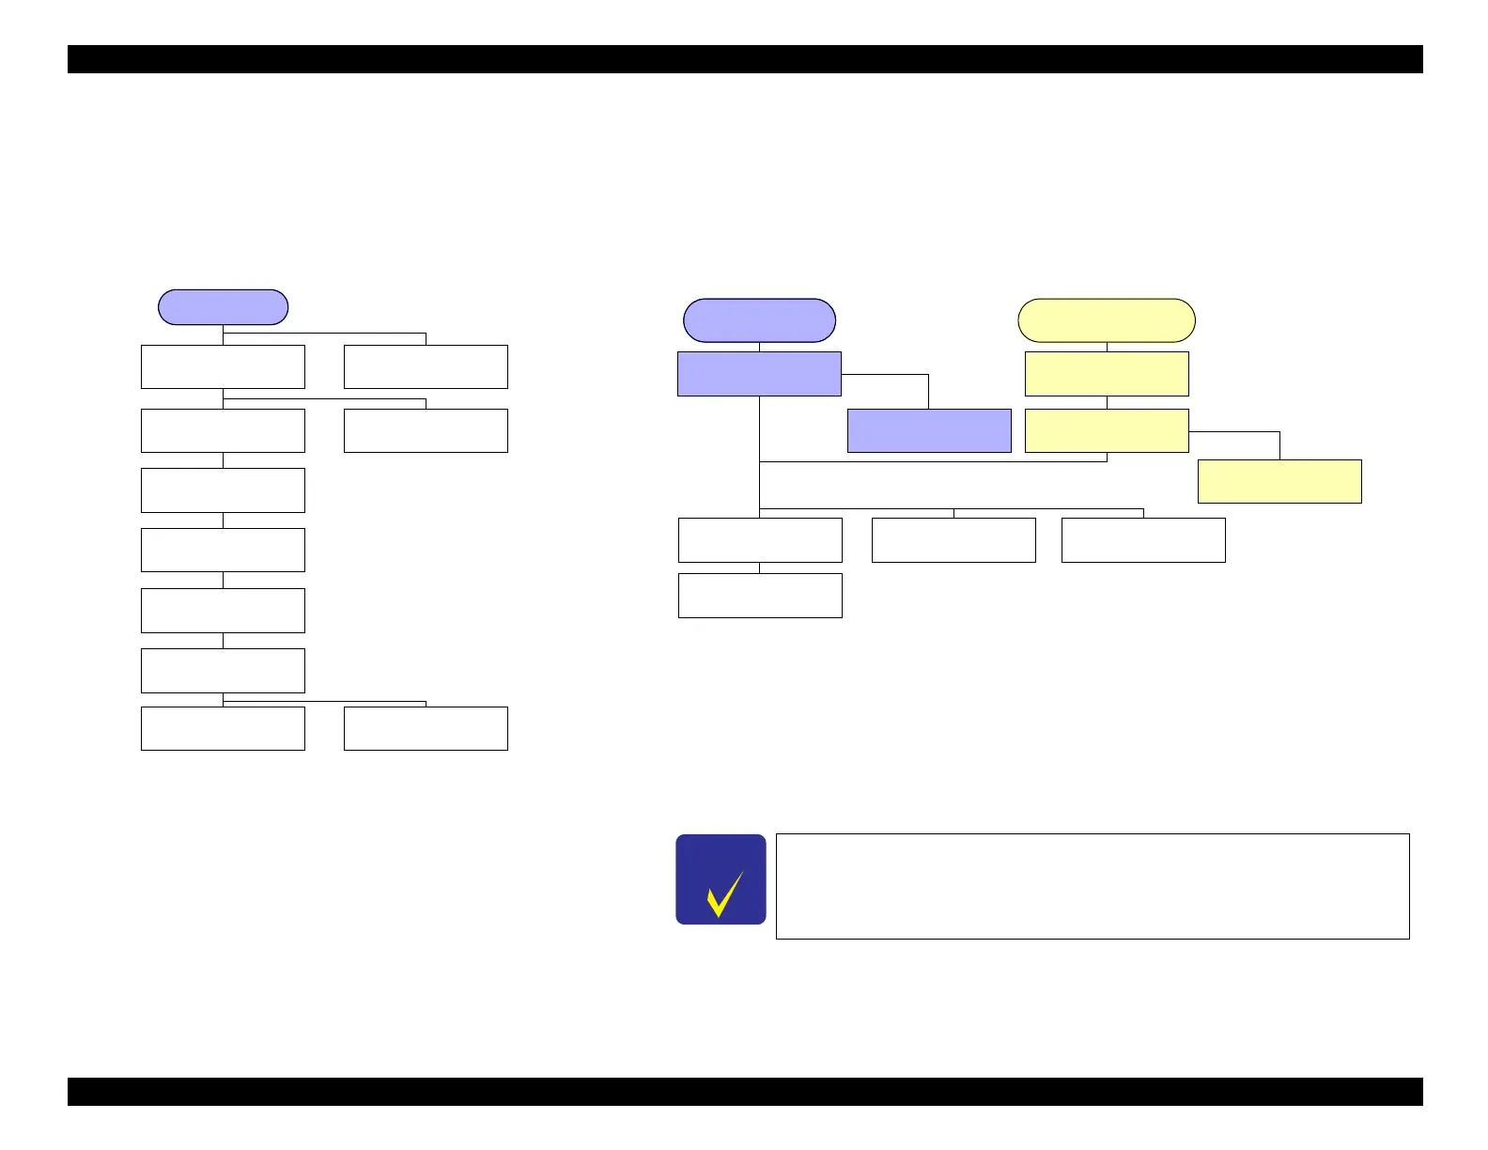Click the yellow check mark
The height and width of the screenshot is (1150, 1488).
[x=724, y=894]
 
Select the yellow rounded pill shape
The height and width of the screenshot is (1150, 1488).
[x=1107, y=320]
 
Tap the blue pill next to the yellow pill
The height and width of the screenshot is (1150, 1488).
[x=759, y=320]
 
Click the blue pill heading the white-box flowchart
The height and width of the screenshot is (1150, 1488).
[x=223, y=307]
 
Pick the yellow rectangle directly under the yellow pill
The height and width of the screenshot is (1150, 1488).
[x=1107, y=374]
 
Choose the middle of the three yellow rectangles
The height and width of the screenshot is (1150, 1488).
[x=1107, y=430]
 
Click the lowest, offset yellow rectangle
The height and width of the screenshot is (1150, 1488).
[x=1279, y=481]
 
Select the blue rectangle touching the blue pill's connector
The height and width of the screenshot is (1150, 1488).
[x=759, y=374]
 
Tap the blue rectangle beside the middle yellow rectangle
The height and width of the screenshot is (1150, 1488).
[x=929, y=430]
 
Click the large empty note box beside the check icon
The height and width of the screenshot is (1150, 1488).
[x=1093, y=886]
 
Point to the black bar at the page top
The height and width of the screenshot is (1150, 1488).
[x=745, y=59]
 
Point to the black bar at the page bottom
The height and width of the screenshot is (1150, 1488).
[x=745, y=1092]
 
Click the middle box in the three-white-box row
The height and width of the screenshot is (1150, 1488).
[x=953, y=540]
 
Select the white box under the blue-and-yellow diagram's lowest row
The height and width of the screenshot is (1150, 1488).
[x=760, y=596]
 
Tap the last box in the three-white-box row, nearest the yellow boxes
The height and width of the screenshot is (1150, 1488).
[x=1143, y=540]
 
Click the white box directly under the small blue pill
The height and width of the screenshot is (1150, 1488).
[x=223, y=366]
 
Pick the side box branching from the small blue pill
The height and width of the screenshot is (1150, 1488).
[x=426, y=366]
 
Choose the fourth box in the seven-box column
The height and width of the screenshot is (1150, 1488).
[x=223, y=550]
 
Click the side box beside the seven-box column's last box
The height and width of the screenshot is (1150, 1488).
[x=426, y=728]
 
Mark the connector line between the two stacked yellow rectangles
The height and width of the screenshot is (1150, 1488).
[x=1107, y=402]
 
